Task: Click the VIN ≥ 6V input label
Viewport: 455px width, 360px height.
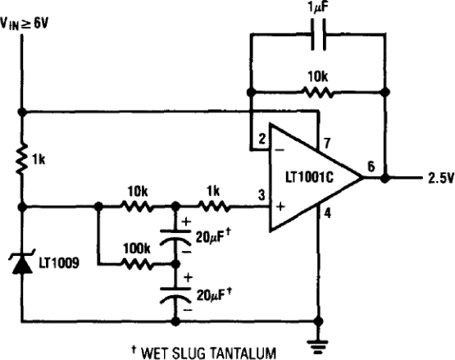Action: [x=25, y=23]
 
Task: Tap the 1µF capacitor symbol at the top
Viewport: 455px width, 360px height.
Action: [x=318, y=34]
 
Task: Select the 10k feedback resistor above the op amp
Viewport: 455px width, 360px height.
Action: [x=318, y=93]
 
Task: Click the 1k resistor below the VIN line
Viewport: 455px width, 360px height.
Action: [x=21, y=159]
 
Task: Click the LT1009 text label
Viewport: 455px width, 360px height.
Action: [x=59, y=263]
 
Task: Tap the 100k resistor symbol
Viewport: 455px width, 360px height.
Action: [x=137, y=264]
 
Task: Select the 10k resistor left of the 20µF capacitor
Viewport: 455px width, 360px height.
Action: [x=137, y=207]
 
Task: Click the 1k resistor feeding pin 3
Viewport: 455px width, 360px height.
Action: [x=214, y=207]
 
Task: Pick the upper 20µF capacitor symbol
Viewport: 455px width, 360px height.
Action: [x=175, y=238]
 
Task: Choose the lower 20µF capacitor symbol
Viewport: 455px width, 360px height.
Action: [x=175, y=295]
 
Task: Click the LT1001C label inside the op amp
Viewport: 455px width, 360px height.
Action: [x=309, y=177]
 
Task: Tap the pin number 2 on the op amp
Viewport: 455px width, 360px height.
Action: [x=262, y=139]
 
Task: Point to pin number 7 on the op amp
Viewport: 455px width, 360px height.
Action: [x=327, y=144]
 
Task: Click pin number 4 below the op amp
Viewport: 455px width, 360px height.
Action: [x=327, y=214]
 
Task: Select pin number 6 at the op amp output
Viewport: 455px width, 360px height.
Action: [x=371, y=166]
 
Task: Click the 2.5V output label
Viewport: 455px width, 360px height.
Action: [x=440, y=178]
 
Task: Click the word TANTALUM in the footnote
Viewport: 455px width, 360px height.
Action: [x=243, y=353]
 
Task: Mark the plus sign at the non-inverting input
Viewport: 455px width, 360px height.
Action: [x=280, y=207]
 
